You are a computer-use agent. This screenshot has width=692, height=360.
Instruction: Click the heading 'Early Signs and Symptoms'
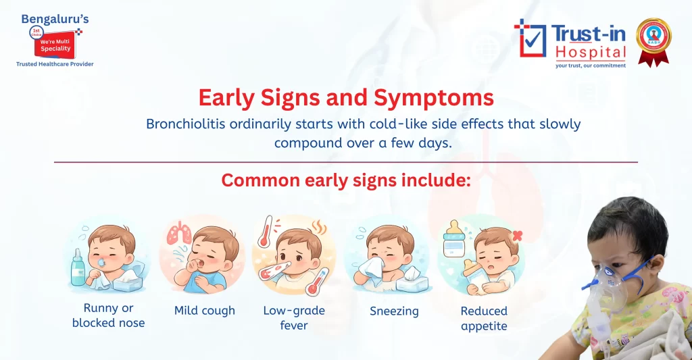tap(345, 98)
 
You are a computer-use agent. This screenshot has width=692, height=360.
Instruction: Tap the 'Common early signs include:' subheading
tap(345, 181)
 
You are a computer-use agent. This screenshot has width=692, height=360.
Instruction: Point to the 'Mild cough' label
tap(205, 311)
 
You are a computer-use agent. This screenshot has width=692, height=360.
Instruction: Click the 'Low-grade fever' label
tap(294, 317)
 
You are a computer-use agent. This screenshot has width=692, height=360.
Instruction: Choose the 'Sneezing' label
tap(394, 311)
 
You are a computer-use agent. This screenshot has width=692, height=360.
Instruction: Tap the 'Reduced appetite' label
tap(484, 318)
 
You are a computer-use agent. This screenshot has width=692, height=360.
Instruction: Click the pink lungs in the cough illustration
tap(179, 233)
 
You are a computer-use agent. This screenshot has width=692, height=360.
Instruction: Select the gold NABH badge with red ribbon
tap(653, 41)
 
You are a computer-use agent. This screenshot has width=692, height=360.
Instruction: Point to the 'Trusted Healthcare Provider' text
tap(55, 64)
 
